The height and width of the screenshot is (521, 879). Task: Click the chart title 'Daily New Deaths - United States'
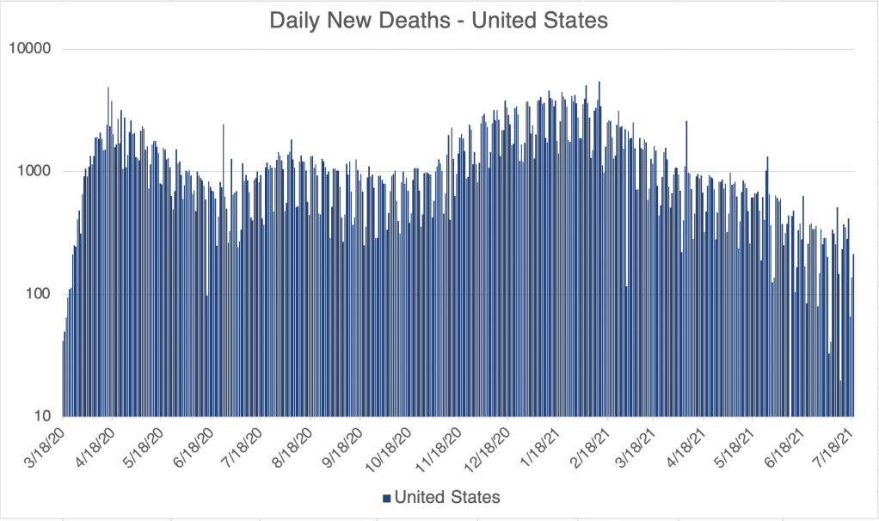click(x=439, y=21)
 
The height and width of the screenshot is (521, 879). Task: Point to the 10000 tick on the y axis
click(x=31, y=49)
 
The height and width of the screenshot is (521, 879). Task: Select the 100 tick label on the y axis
click(x=38, y=294)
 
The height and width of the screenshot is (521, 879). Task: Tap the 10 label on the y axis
click(x=41, y=416)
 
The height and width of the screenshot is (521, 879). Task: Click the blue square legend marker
click(x=386, y=498)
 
